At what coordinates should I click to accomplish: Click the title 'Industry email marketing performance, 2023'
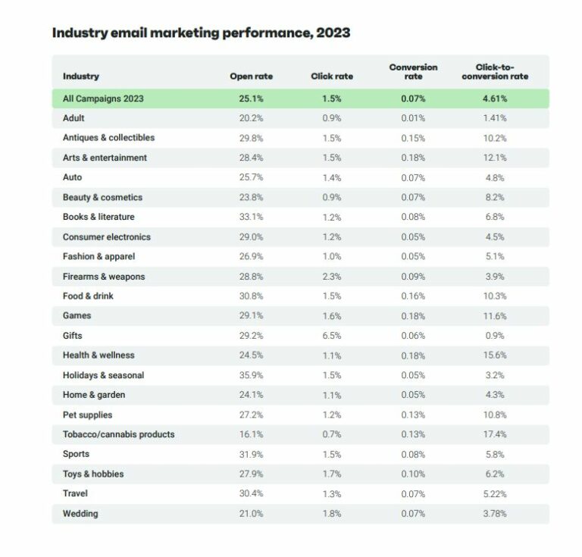pyautogui.click(x=201, y=33)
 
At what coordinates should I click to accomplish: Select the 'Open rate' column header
pyautogui.click(x=251, y=77)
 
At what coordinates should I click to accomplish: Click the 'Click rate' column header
pyautogui.click(x=332, y=77)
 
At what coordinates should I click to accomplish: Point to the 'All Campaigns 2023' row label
pyautogui.click(x=103, y=99)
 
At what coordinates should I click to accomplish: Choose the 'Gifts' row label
pyautogui.click(x=73, y=336)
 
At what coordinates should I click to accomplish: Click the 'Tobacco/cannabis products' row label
pyautogui.click(x=118, y=434)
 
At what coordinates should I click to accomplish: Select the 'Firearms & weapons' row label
pyautogui.click(x=103, y=277)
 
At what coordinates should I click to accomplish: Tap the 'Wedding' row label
pyautogui.click(x=80, y=514)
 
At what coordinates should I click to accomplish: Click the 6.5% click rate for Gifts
pyautogui.click(x=332, y=336)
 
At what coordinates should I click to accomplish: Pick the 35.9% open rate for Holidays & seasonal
pyautogui.click(x=251, y=375)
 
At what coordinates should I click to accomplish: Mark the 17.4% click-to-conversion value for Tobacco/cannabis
pyautogui.click(x=493, y=434)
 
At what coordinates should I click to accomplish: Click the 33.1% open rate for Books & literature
pyautogui.click(x=251, y=217)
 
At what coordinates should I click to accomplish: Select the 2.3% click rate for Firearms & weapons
pyautogui.click(x=332, y=277)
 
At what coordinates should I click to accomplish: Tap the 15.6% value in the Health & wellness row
pyautogui.click(x=493, y=355)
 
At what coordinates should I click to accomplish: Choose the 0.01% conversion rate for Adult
pyautogui.click(x=413, y=118)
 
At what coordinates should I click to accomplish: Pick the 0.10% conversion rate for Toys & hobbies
pyautogui.click(x=413, y=474)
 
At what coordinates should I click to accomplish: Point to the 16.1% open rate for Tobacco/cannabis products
pyautogui.click(x=251, y=434)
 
